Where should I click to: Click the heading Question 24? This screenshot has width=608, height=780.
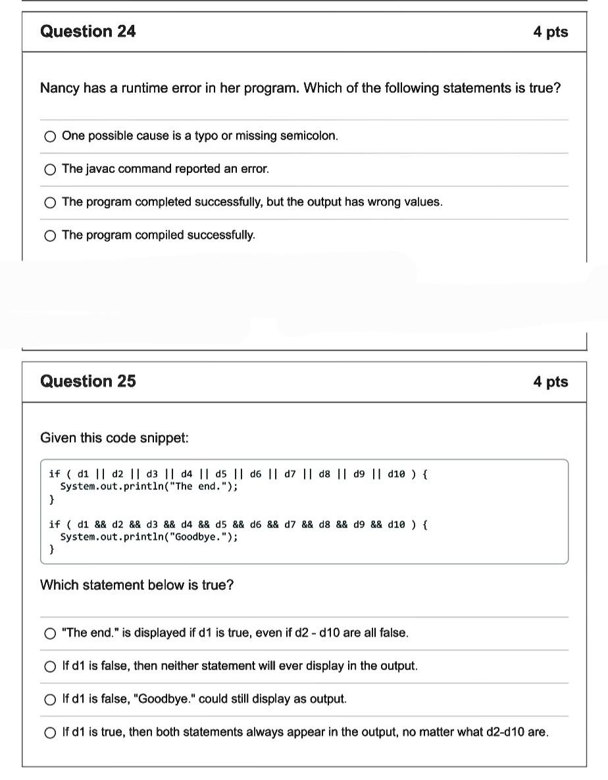88,32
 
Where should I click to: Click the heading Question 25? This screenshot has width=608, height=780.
88,381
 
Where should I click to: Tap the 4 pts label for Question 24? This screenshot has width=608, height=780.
550,32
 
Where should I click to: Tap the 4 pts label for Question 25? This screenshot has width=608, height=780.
550,381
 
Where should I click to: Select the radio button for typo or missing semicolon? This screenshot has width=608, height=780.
50,137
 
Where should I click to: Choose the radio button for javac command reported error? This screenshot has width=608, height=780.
50,170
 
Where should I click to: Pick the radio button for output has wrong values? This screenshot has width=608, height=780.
50,203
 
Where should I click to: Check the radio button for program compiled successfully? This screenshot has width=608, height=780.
50,235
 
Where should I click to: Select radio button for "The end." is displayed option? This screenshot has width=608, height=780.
50,633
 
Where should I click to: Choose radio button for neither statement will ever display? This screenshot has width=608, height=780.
50,666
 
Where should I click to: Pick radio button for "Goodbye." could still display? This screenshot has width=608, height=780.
50,699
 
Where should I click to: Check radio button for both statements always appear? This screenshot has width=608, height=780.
50,733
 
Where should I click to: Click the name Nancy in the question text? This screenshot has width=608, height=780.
59,88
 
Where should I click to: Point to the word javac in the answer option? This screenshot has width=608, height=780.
97,169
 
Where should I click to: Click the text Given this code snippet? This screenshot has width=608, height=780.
114,438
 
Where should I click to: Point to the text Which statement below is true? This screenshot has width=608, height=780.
137,585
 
